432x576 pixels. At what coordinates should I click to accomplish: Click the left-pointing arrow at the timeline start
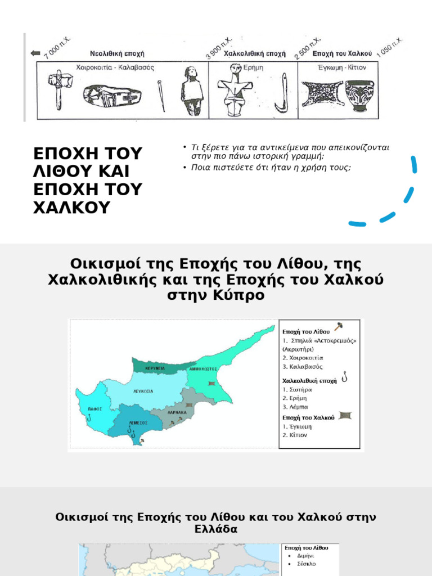coord(36,53)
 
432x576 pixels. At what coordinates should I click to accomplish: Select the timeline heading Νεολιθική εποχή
coord(118,54)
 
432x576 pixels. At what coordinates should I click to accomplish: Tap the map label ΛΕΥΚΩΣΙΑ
coord(143,390)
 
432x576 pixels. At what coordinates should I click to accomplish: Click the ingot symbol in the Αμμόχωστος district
coord(212,383)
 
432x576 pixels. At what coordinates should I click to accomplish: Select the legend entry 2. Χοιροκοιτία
coord(303,357)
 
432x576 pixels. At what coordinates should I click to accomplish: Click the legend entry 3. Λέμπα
coord(295,407)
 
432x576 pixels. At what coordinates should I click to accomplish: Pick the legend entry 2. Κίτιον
coord(296,435)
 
